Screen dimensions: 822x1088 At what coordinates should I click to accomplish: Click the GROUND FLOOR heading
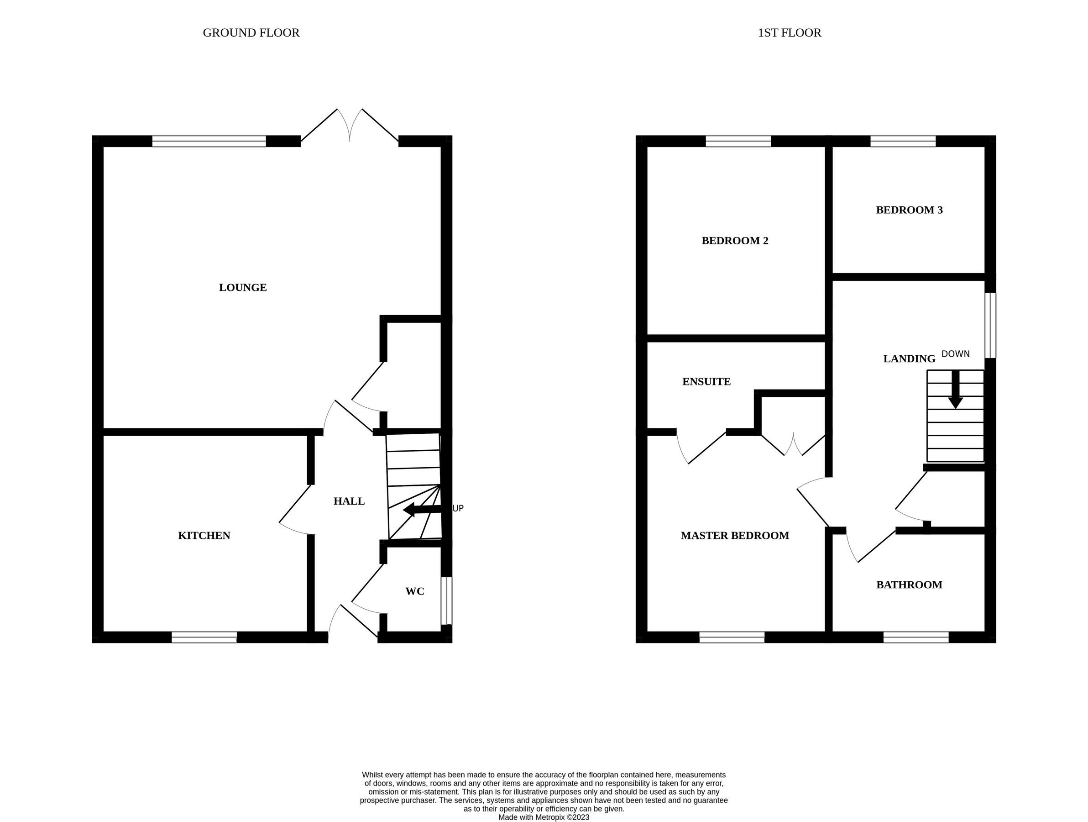pos(251,33)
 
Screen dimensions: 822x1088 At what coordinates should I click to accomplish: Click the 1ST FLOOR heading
pos(790,33)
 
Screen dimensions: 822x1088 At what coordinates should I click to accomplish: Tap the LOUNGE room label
pos(242,287)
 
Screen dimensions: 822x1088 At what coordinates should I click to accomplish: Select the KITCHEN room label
pos(204,536)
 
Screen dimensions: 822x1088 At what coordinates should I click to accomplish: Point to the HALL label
pos(349,501)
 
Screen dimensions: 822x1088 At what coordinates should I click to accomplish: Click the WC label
pos(415,592)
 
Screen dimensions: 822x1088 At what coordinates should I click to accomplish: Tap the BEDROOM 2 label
pos(735,241)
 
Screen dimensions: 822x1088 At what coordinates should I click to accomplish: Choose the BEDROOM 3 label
pos(909,210)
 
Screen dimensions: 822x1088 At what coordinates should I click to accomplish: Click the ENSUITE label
pos(706,381)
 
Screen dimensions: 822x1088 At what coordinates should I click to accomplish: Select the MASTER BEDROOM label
pos(735,536)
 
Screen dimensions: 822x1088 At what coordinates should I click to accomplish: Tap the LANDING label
pos(909,359)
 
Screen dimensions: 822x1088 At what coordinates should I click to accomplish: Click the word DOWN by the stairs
pos(955,354)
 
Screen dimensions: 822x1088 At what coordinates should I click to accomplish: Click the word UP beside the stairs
pos(458,508)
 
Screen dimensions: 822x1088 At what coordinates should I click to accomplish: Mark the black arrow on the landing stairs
pos(955,390)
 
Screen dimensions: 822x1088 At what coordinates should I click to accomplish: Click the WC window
pos(446,601)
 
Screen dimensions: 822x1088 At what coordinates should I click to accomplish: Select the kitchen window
pos(204,638)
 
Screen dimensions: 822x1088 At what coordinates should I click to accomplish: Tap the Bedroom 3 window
pos(903,141)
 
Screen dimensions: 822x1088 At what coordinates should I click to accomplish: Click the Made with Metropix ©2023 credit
pos(544,817)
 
